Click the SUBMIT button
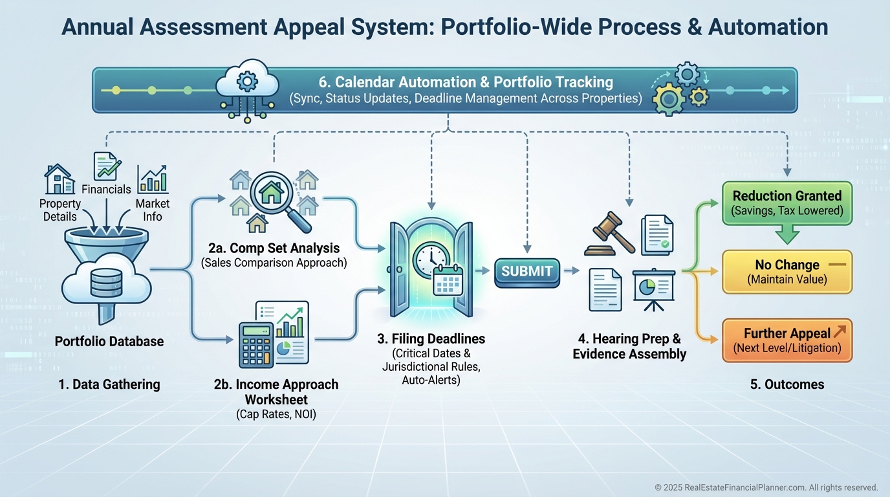tap(526, 272)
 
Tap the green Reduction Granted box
tap(787, 203)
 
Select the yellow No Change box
tap(787, 272)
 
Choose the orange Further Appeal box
tap(787, 340)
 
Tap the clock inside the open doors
tap(428, 258)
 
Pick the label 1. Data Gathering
tap(109, 384)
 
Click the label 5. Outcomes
tap(787, 384)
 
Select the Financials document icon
tap(105, 166)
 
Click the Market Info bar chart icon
tap(153, 179)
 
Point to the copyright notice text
tap(766, 487)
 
